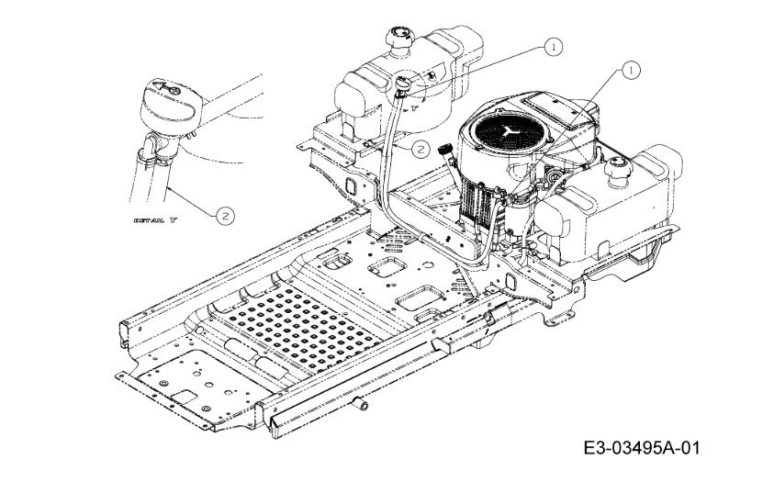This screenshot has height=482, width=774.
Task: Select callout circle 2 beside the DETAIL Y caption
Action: pyautogui.click(x=224, y=216)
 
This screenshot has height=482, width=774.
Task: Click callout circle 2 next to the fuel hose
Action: pyautogui.click(x=420, y=146)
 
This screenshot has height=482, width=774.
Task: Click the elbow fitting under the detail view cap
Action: pyautogui.click(x=151, y=149)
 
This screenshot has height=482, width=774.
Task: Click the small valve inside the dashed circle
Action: pyautogui.click(x=404, y=85)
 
